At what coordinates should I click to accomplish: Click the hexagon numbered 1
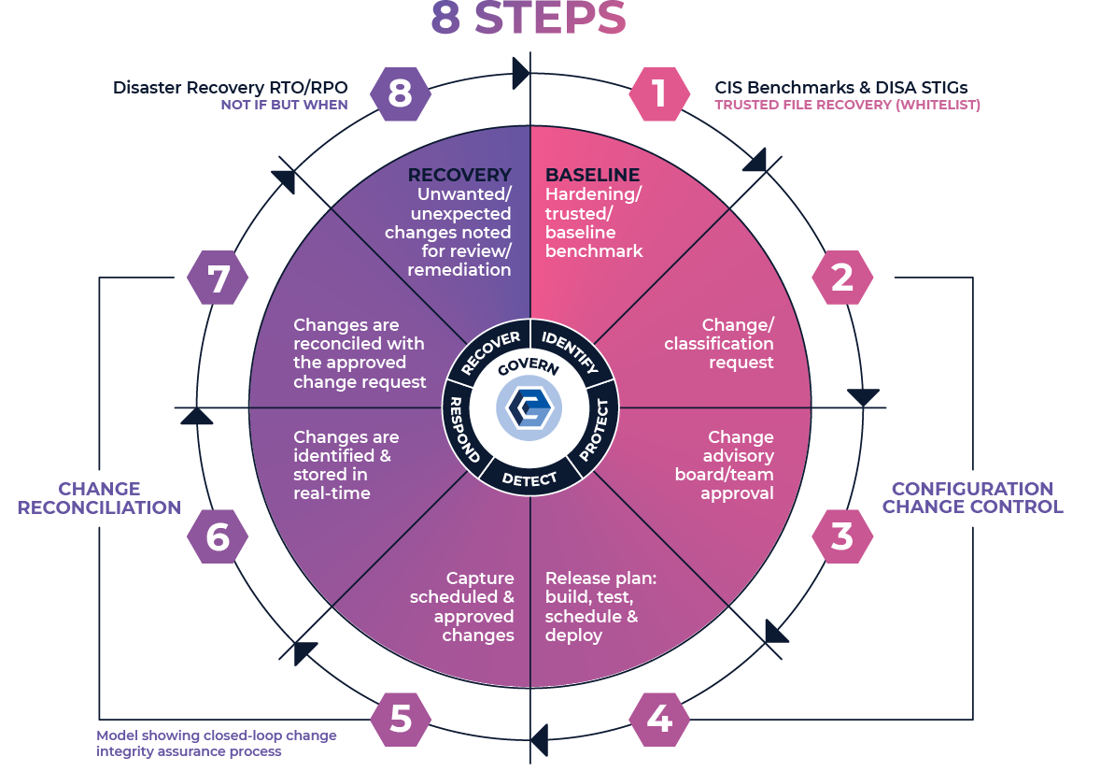coord(659,93)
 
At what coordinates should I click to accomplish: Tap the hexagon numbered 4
coord(659,719)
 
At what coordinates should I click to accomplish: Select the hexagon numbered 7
coord(218,278)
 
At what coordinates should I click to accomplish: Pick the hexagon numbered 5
coord(401,719)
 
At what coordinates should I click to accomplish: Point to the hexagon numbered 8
coord(401,93)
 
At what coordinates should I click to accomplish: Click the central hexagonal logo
coord(529,409)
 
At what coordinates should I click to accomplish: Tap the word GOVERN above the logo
coord(529,367)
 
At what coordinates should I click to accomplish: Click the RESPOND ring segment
coord(465,430)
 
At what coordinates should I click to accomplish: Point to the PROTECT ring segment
coord(595,430)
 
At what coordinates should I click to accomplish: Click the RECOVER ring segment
coord(489,352)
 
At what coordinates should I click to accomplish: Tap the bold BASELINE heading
coord(592,176)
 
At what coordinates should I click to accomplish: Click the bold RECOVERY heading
coord(459,176)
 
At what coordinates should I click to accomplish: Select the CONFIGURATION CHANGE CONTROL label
coord(972,498)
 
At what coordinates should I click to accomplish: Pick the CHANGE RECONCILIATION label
coord(99,498)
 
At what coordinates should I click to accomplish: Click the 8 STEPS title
coord(529,19)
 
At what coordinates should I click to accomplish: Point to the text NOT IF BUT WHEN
coord(284,106)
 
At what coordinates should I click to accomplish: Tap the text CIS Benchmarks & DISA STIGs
coord(840,88)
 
